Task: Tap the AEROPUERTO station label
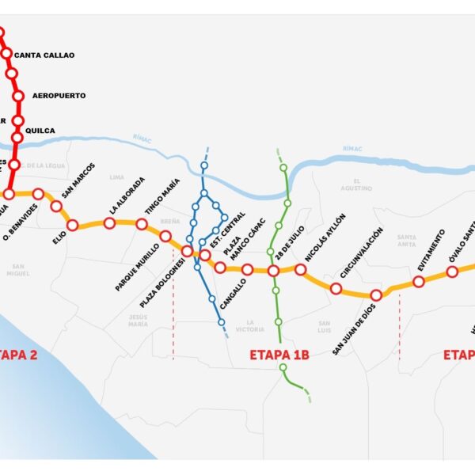click(x=59, y=96)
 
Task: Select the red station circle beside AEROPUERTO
click(x=19, y=96)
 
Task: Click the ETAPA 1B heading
click(x=279, y=355)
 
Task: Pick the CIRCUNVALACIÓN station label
click(x=362, y=253)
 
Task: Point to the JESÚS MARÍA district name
click(x=138, y=320)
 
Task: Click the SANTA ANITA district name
click(x=407, y=241)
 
